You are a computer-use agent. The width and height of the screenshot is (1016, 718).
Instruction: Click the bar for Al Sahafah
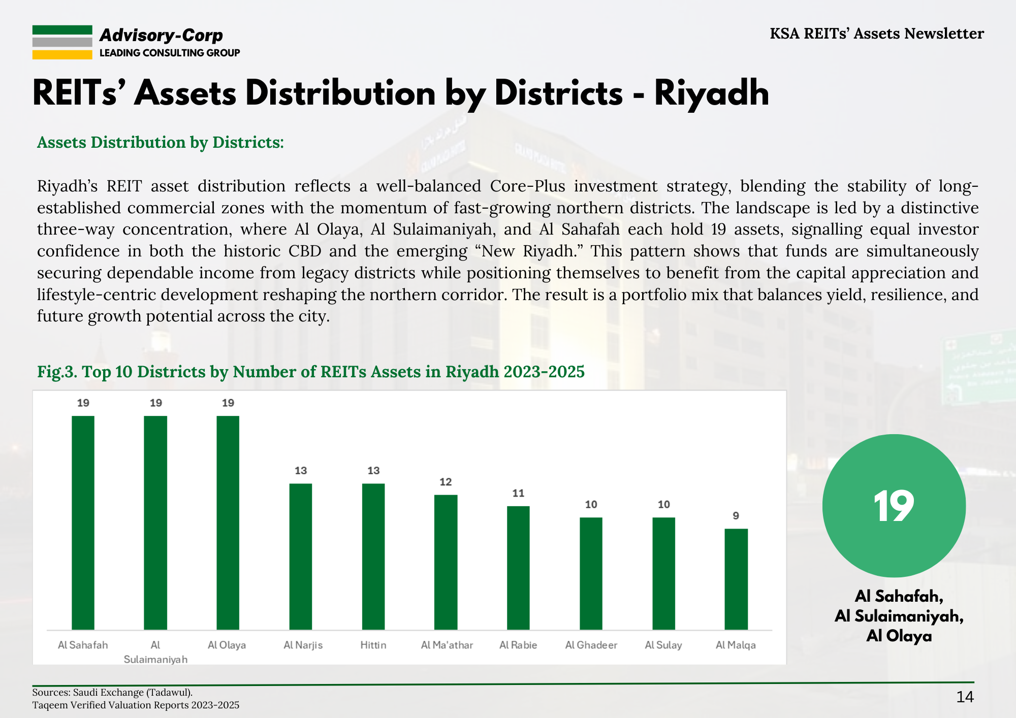(83, 523)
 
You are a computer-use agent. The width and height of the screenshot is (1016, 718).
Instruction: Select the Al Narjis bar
(301, 557)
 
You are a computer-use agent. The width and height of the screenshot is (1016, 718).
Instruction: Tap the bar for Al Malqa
(736, 579)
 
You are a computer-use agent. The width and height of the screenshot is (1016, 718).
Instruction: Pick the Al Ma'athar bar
(446, 562)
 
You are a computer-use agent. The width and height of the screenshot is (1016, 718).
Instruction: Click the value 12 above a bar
(446, 482)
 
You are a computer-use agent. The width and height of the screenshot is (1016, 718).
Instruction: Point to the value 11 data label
(518, 493)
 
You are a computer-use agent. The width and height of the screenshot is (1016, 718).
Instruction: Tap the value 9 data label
(736, 516)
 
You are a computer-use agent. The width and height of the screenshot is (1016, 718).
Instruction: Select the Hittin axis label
(373, 645)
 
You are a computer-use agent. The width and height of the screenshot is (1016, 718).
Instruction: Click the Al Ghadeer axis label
(591, 645)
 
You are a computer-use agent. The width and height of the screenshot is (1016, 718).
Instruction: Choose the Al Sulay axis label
(663, 645)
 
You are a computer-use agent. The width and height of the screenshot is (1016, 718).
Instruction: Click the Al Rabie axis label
(518, 645)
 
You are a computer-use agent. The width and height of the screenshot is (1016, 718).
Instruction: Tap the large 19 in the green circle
(894, 506)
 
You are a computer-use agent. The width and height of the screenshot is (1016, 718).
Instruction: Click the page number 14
(965, 697)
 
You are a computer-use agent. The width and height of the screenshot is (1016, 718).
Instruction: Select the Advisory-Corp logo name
(161, 35)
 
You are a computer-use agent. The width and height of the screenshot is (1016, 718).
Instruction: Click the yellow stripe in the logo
(62, 55)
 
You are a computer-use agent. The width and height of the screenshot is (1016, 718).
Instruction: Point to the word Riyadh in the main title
(712, 93)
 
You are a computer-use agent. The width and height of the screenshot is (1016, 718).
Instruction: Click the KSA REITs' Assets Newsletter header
(877, 34)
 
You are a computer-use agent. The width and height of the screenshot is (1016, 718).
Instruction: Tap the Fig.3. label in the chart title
(57, 372)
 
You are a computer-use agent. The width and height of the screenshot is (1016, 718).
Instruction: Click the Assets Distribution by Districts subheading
(161, 142)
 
